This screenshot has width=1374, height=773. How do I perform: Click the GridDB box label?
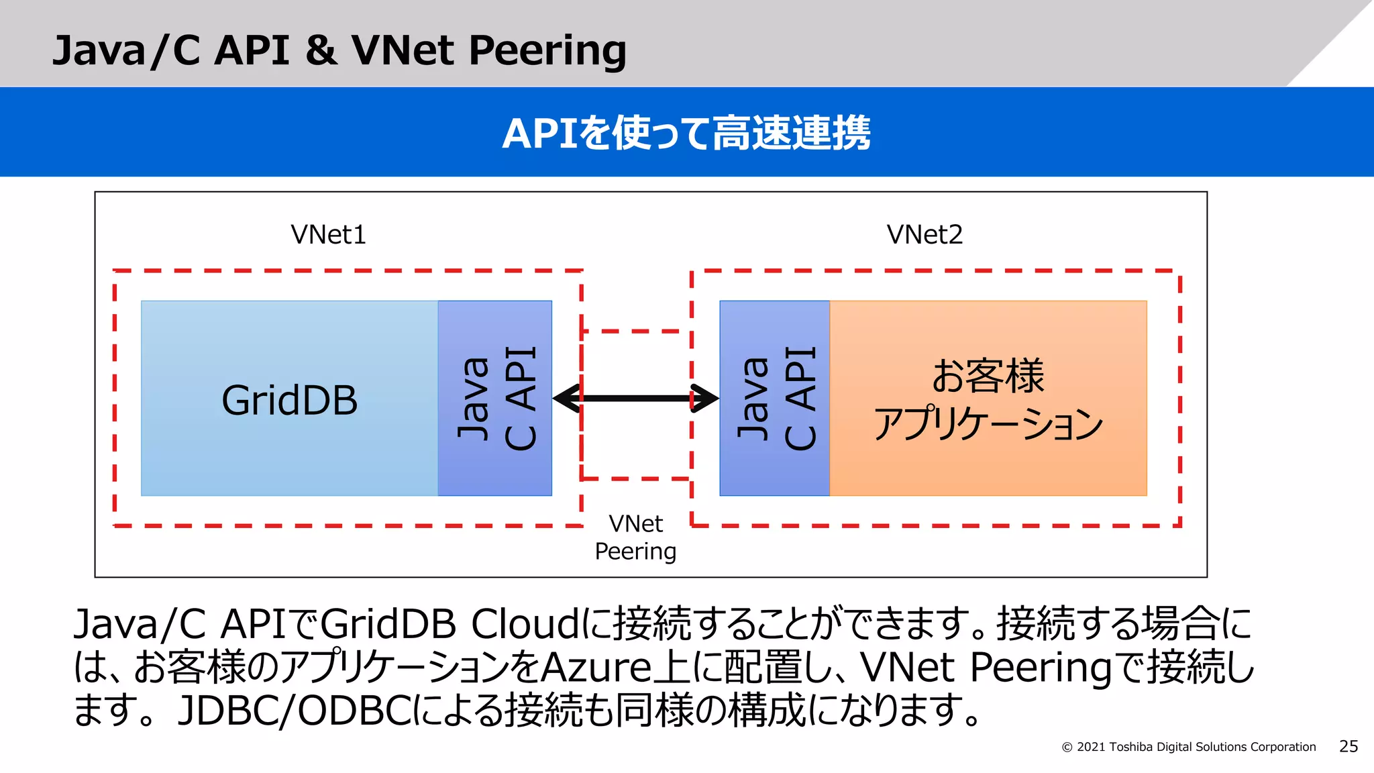click(289, 401)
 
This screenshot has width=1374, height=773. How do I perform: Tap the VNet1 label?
click(328, 235)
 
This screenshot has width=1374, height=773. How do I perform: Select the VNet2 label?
click(924, 235)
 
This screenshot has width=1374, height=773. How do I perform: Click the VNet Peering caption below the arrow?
click(635, 537)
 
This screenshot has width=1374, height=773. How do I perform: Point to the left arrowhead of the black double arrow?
click(566, 399)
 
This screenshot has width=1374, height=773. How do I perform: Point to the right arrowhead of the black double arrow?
click(706, 399)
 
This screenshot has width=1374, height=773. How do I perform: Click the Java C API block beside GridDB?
click(495, 399)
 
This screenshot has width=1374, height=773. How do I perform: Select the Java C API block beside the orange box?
click(775, 399)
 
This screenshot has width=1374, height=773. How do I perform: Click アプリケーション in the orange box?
click(988, 424)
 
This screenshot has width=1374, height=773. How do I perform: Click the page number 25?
click(1348, 746)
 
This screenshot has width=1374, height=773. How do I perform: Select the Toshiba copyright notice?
click(1188, 747)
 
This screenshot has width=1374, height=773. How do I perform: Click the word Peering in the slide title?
click(547, 51)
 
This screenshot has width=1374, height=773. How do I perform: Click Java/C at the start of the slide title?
click(126, 51)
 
